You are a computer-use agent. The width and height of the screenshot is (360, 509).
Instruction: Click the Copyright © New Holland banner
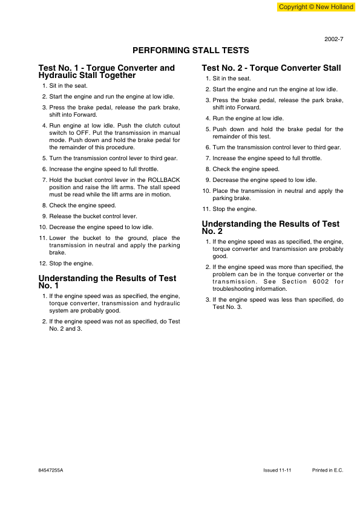coord(316,7)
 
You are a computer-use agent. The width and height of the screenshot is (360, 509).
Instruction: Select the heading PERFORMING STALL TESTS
coord(191,50)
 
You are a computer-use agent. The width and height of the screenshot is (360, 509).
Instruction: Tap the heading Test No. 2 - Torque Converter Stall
coord(271,68)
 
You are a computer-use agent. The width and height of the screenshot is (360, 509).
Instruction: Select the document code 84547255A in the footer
coord(50,470)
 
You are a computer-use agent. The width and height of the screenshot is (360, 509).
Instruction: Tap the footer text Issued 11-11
coord(278,470)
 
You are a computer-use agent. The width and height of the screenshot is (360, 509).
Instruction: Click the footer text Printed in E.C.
coord(327,470)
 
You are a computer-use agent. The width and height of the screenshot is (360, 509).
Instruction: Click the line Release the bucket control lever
coord(85,216)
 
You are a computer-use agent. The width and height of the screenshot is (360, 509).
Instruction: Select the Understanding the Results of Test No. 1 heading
coord(107,282)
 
